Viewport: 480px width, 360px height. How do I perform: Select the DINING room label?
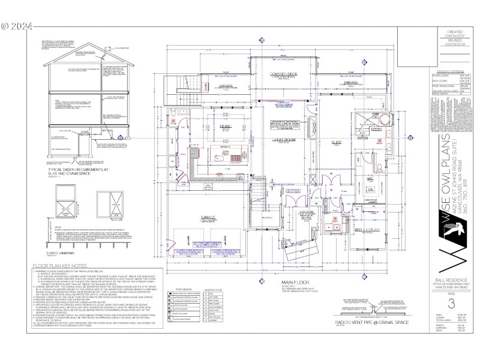226,127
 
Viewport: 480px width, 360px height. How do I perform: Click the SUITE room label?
336,142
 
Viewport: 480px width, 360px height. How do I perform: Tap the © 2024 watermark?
17,26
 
